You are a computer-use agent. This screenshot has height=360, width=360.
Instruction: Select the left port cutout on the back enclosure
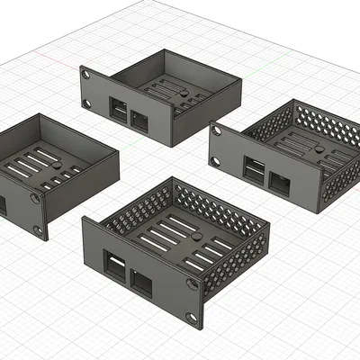118,112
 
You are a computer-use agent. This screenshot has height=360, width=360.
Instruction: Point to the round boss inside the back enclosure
183,91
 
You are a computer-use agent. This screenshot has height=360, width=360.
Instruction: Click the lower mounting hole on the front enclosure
190,319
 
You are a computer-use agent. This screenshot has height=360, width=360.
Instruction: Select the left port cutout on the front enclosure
114,266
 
